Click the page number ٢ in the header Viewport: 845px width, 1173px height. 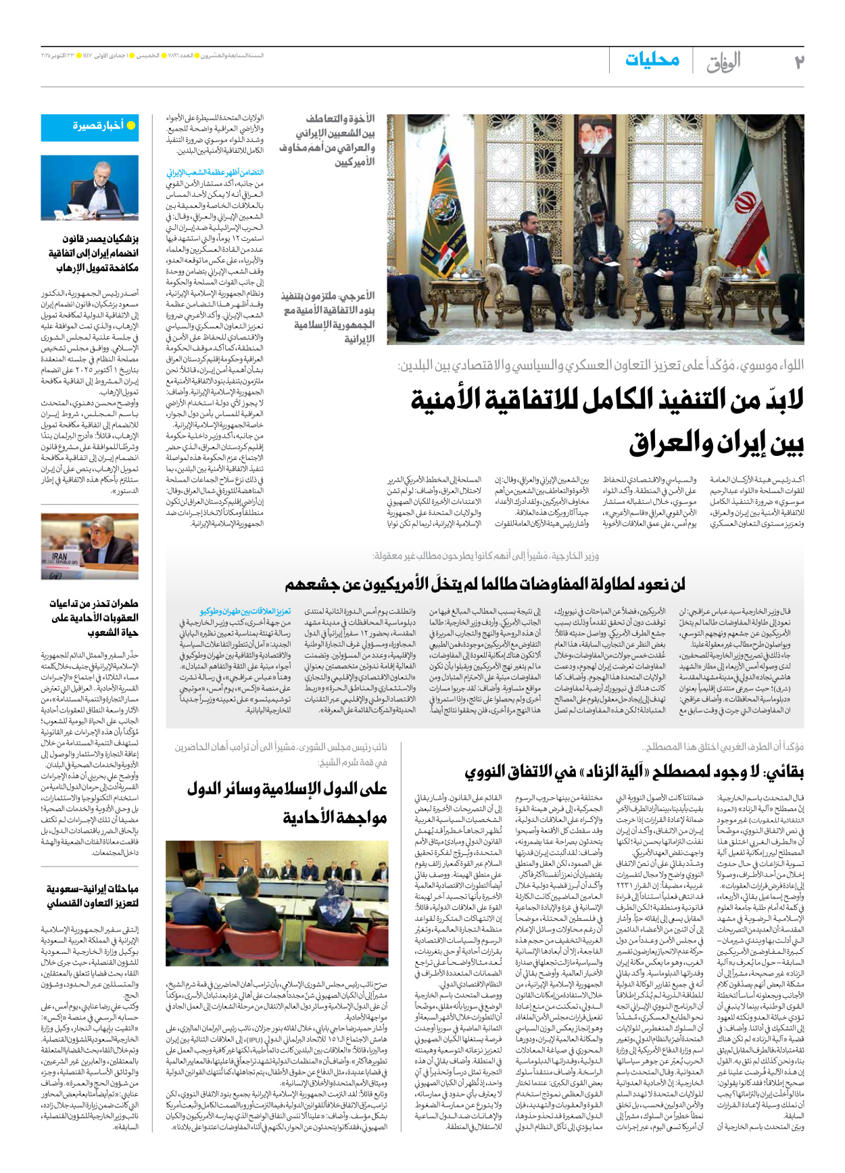coord(798,62)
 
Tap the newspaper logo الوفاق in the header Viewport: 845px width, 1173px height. coord(723,63)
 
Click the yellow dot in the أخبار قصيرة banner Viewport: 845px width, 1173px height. coord(131,126)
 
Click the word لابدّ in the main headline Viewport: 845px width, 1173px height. coord(768,400)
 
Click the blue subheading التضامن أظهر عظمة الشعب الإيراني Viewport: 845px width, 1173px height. coord(215,172)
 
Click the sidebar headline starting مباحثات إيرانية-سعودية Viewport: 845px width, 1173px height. coord(93,895)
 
